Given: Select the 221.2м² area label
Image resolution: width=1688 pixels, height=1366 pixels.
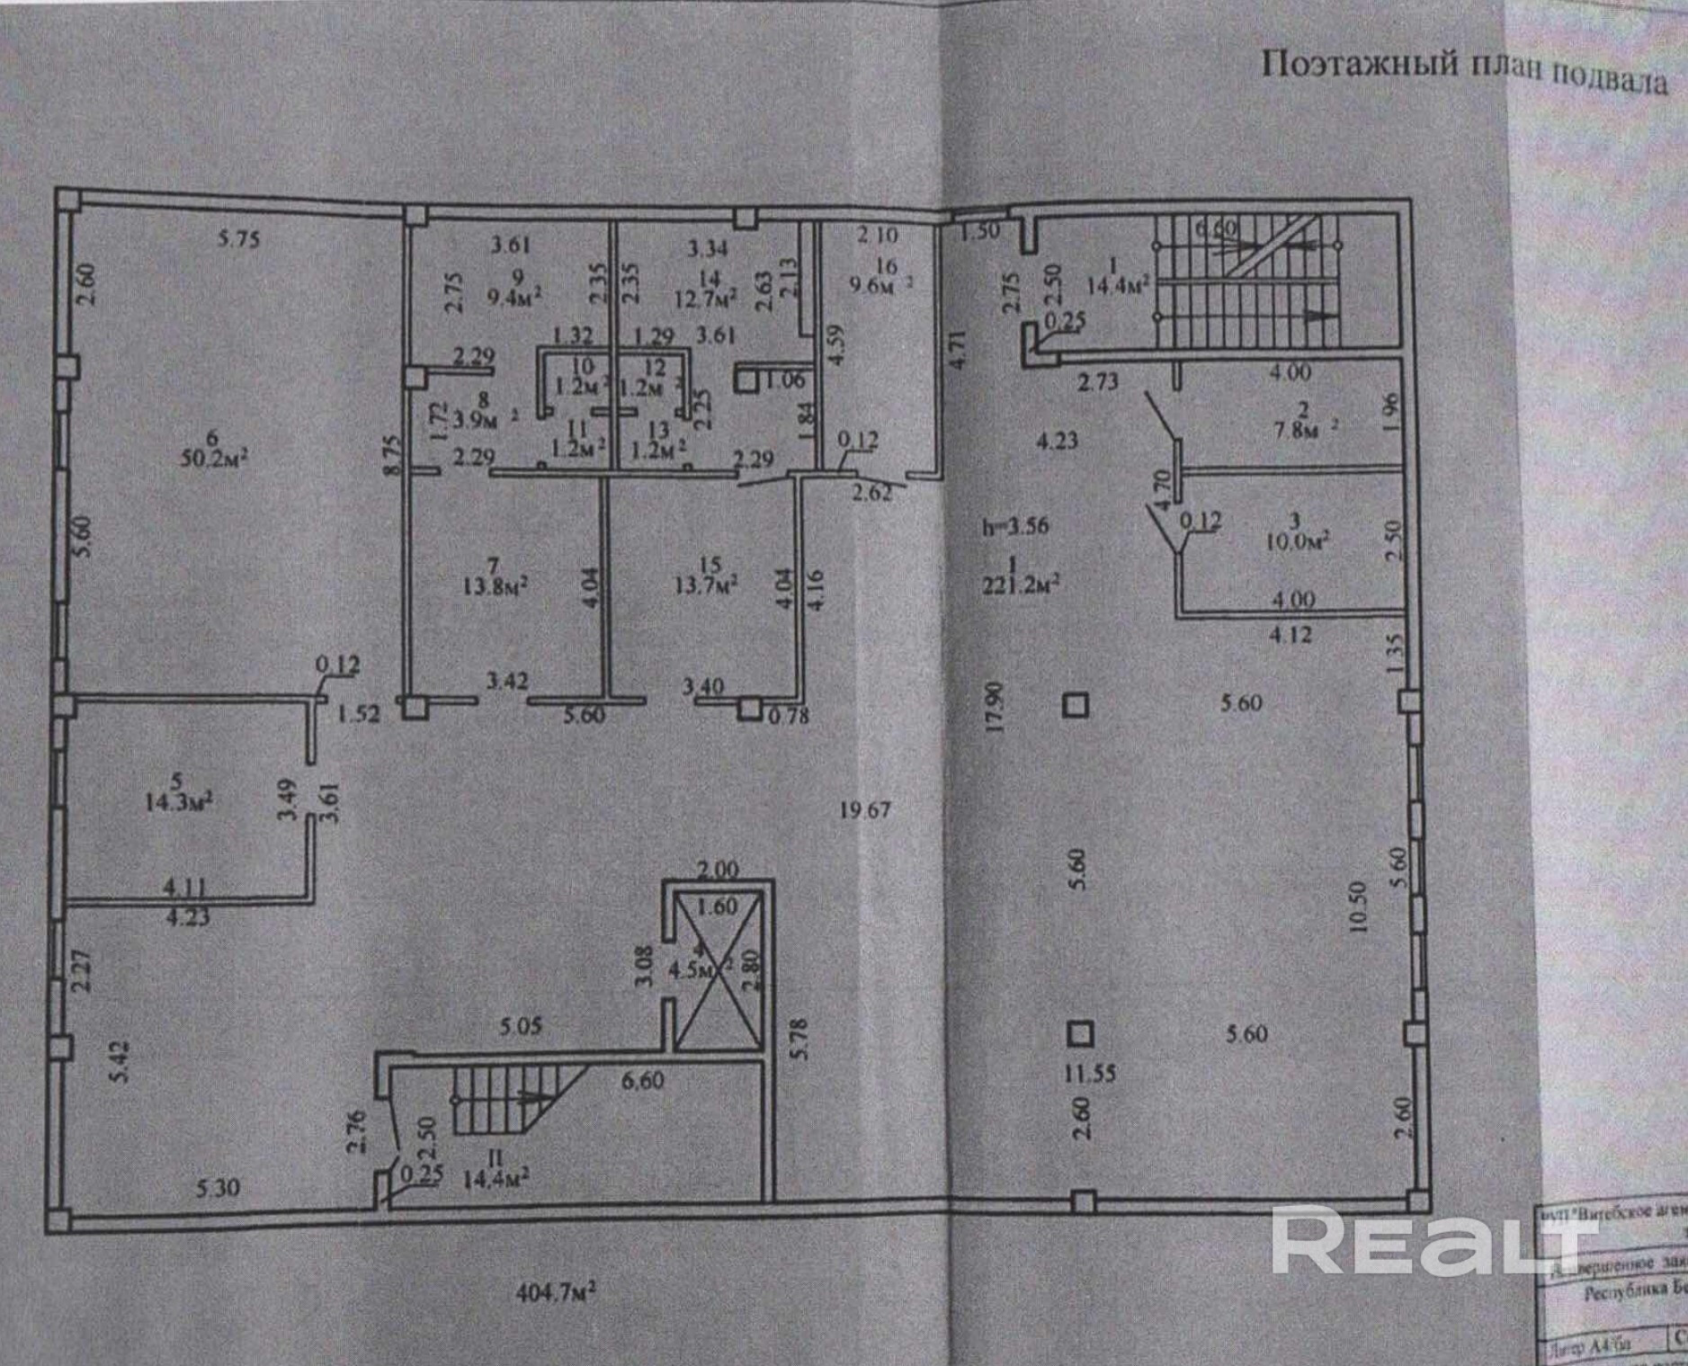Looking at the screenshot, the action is tap(1022, 585).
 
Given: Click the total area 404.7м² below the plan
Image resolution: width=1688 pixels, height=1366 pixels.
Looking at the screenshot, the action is tap(556, 1293).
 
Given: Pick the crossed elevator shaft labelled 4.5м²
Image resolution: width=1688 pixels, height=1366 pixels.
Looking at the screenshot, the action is tap(718, 971).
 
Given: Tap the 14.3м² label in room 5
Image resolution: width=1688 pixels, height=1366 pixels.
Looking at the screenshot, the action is tap(179, 801).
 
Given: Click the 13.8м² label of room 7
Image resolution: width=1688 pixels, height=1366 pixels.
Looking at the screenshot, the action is tap(495, 586).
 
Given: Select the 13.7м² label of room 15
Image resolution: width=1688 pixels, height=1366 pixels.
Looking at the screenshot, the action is tap(707, 585).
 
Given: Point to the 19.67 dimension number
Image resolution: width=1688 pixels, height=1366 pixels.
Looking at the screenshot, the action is tap(864, 810).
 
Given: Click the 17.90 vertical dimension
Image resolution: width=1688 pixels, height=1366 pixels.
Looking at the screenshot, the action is tap(994, 707).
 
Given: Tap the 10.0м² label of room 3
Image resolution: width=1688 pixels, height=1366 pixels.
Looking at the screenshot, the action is tap(1298, 540).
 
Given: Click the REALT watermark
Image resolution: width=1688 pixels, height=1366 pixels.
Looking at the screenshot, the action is tap(1430, 1242).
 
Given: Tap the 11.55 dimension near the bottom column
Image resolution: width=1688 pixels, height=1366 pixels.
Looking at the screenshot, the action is tap(1089, 1073).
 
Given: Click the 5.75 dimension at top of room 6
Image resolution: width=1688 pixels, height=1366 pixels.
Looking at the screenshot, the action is tap(238, 238).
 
